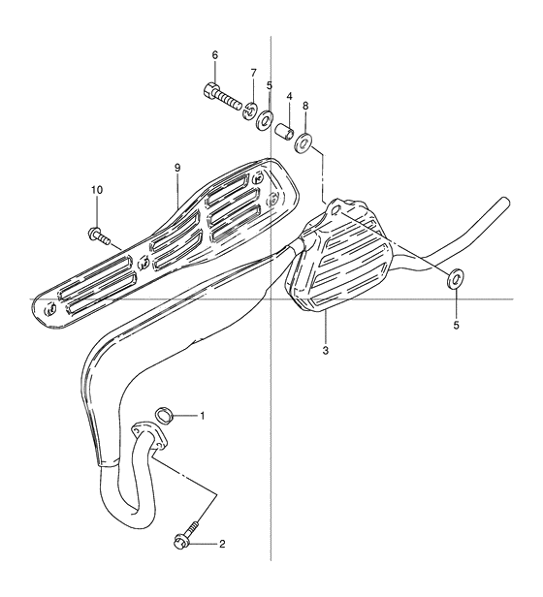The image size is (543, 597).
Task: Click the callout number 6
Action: tap(214, 55)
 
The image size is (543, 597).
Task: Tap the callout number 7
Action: tap(253, 73)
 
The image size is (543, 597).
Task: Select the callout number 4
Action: tap(289, 97)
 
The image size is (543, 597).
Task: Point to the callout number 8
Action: tap(305, 105)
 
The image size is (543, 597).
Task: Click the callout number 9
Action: tap(177, 168)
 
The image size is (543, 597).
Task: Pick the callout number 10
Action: tap(96, 189)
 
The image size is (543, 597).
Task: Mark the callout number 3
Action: tap(326, 350)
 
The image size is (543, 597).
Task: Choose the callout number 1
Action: tap(202, 417)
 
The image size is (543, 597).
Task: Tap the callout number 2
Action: tap(222, 544)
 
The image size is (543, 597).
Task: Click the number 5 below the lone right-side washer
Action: tap(456, 326)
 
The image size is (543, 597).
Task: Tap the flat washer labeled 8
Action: tap(305, 144)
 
